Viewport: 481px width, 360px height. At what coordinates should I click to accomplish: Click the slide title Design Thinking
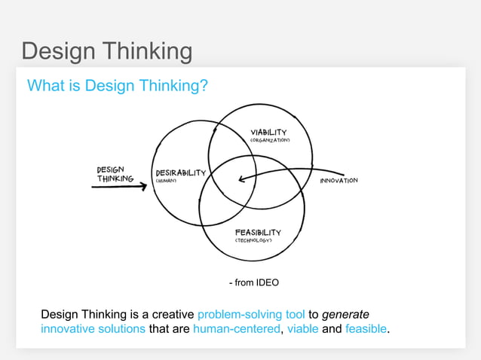(x=106, y=51)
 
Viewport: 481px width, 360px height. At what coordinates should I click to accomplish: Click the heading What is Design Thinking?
(x=118, y=85)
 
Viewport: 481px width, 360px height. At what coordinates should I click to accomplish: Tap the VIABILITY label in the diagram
(x=268, y=133)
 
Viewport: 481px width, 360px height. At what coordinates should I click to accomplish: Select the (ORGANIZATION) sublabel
(x=270, y=141)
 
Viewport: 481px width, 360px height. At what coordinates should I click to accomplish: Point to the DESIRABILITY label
(x=180, y=172)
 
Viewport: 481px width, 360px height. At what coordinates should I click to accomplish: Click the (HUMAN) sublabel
(x=167, y=181)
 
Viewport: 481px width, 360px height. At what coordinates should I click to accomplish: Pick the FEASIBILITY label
(x=258, y=232)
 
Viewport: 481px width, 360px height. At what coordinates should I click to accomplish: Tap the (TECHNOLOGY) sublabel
(x=258, y=241)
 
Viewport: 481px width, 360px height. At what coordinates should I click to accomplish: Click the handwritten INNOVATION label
(x=339, y=182)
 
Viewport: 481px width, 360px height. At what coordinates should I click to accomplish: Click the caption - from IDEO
(x=254, y=283)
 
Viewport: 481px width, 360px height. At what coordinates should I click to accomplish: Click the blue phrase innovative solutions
(x=93, y=329)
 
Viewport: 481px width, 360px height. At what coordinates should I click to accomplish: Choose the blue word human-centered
(x=236, y=329)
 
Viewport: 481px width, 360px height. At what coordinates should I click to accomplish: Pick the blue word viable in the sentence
(x=302, y=329)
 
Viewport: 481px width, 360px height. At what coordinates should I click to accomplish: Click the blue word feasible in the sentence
(x=366, y=329)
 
